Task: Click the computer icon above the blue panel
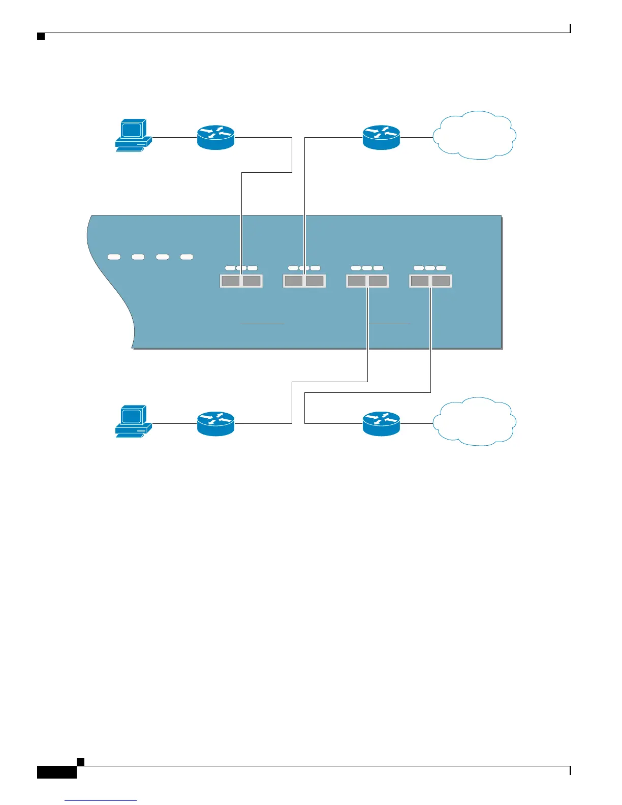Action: click(x=133, y=136)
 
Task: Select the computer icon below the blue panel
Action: click(x=133, y=422)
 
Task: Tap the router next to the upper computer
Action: click(x=215, y=137)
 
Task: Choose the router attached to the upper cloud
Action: click(x=381, y=137)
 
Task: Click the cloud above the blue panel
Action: click(x=475, y=135)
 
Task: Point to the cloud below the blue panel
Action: click(x=475, y=422)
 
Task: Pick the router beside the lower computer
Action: click(x=215, y=423)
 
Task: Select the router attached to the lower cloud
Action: click(x=381, y=423)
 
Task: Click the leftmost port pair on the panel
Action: click(x=241, y=281)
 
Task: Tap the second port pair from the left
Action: click(x=304, y=281)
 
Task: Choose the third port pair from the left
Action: click(x=367, y=281)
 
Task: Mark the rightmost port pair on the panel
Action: click(x=430, y=281)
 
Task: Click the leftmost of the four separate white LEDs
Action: click(x=114, y=257)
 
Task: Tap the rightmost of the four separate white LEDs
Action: click(x=187, y=257)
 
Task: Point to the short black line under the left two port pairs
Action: click(x=262, y=323)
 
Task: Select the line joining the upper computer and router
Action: click(x=174, y=137)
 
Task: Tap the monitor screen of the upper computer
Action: click(x=132, y=130)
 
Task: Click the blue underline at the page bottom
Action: click(x=101, y=801)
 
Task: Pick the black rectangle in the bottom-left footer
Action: click(x=57, y=772)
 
